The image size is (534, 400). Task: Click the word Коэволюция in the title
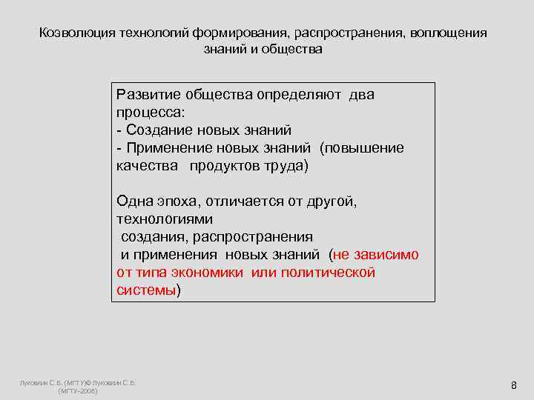(x=71, y=33)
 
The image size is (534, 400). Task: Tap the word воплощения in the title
(x=452, y=33)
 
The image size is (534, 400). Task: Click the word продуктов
(x=220, y=165)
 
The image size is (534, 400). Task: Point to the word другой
(x=332, y=201)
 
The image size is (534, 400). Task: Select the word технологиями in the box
(x=165, y=219)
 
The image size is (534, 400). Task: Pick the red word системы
(x=145, y=290)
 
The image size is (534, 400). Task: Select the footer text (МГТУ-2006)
(x=77, y=390)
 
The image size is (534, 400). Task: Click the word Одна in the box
(x=134, y=201)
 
